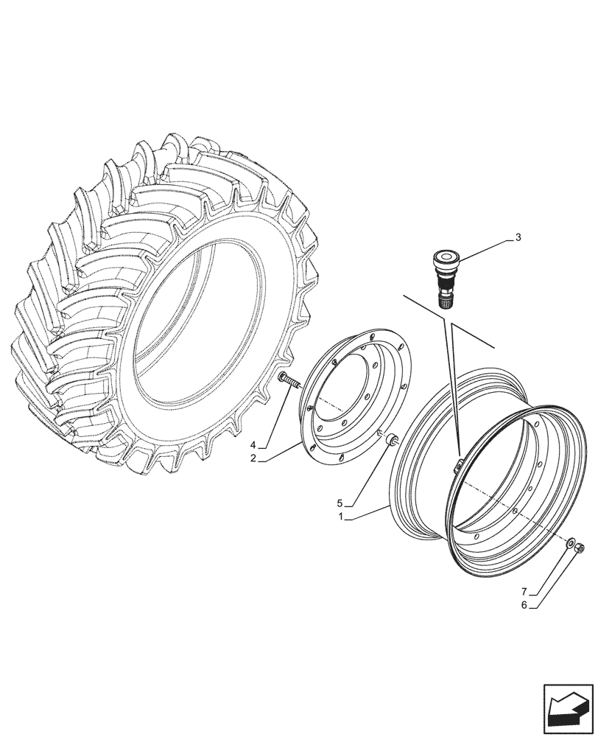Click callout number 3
518,237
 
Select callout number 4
252,444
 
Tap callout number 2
252,458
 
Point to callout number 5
340,503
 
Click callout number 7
524,592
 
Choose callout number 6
524,606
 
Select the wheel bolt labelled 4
288,382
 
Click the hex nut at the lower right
580,548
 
